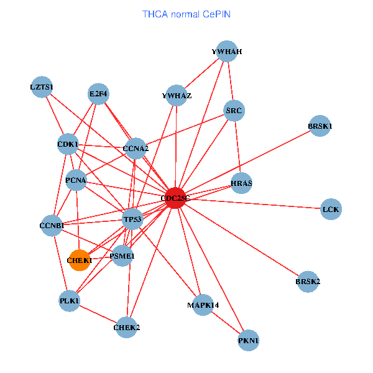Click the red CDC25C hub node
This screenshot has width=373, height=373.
(x=176, y=198)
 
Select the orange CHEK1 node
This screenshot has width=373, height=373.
(x=79, y=260)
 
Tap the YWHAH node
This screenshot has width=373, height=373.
(x=227, y=52)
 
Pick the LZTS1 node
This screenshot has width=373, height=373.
(x=42, y=86)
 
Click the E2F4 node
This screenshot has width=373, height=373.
(x=98, y=94)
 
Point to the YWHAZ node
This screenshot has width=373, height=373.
(x=177, y=96)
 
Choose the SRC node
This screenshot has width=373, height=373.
(x=234, y=111)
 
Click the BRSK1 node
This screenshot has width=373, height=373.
(x=320, y=126)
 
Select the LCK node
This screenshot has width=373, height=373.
(x=331, y=210)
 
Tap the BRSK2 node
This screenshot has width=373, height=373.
(x=308, y=282)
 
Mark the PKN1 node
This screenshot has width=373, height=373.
(x=248, y=340)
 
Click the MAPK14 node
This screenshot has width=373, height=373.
(x=203, y=305)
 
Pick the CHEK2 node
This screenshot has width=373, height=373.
(x=127, y=327)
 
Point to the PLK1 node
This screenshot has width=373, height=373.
(x=70, y=301)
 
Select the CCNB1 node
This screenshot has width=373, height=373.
(x=52, y=225)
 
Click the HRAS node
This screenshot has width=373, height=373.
(x=241, y=183)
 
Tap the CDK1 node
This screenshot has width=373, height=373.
(x=67, y=145)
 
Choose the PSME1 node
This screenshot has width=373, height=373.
(x=122, y=256)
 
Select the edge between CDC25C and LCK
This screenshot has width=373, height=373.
(x=255, y=204)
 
